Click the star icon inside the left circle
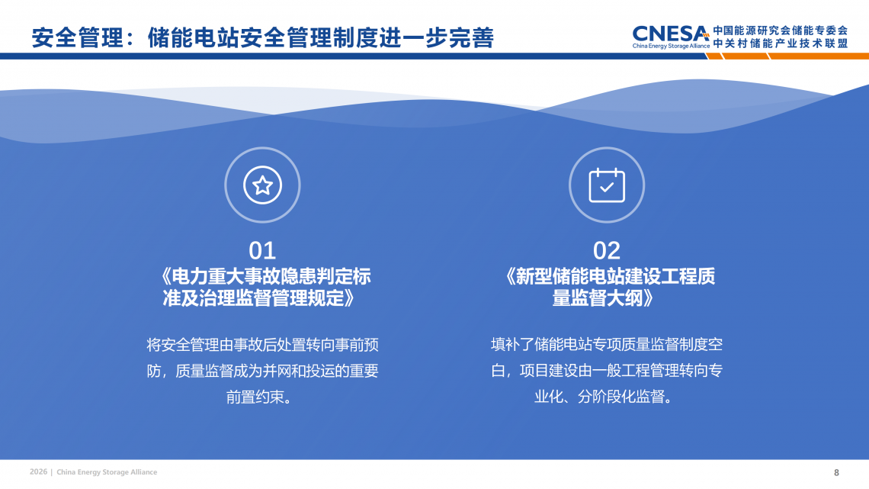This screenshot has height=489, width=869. click(x=263, y=185)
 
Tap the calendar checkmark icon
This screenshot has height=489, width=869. click(x=607, y=185)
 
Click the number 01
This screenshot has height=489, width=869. click(x=262, y=250)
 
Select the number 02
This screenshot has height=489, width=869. click(x=607, y=250)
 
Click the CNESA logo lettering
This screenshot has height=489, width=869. click(x=671, y=34)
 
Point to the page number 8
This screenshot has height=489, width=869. click(x=836, y=472)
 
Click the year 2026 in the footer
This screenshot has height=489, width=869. click(x=38, y=471)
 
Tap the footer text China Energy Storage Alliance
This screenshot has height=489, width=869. click(x=107, y=472)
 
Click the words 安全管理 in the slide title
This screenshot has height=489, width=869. click(x=78, y=37)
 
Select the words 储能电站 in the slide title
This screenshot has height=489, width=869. click(x=194, y=37)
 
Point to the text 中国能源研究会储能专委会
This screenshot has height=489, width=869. click(x=781, y=31)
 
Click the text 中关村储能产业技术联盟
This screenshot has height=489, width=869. click(x=781, y=43)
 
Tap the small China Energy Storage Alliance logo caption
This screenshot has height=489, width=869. click(x=671, y=46)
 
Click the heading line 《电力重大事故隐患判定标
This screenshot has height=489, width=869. click(x=264, y=276)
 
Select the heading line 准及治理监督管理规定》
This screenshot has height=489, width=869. click(x=259, y=298)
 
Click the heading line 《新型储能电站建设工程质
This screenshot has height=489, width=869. click(x=608, y=276)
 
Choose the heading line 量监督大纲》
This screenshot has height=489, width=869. click(x=604, y=298)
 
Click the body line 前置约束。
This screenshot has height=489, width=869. click(x=259, y=397)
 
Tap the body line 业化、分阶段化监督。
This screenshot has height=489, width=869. click(x=604, y=397)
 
